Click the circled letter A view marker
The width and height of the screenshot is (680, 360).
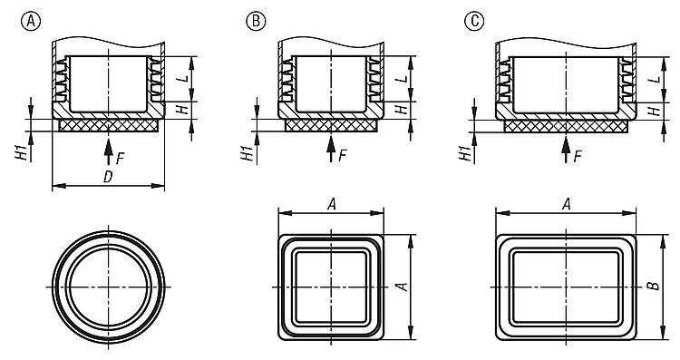click(30, 21)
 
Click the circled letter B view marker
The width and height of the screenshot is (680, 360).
click(256, 21)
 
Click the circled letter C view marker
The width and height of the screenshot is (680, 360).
click(474, 21)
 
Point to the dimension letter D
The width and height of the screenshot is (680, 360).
click(108, 178)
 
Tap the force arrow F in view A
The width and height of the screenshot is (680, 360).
click(109, 150)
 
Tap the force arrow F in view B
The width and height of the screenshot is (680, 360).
click(331, 149)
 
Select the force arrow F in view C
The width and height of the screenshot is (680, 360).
click(566, 149)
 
